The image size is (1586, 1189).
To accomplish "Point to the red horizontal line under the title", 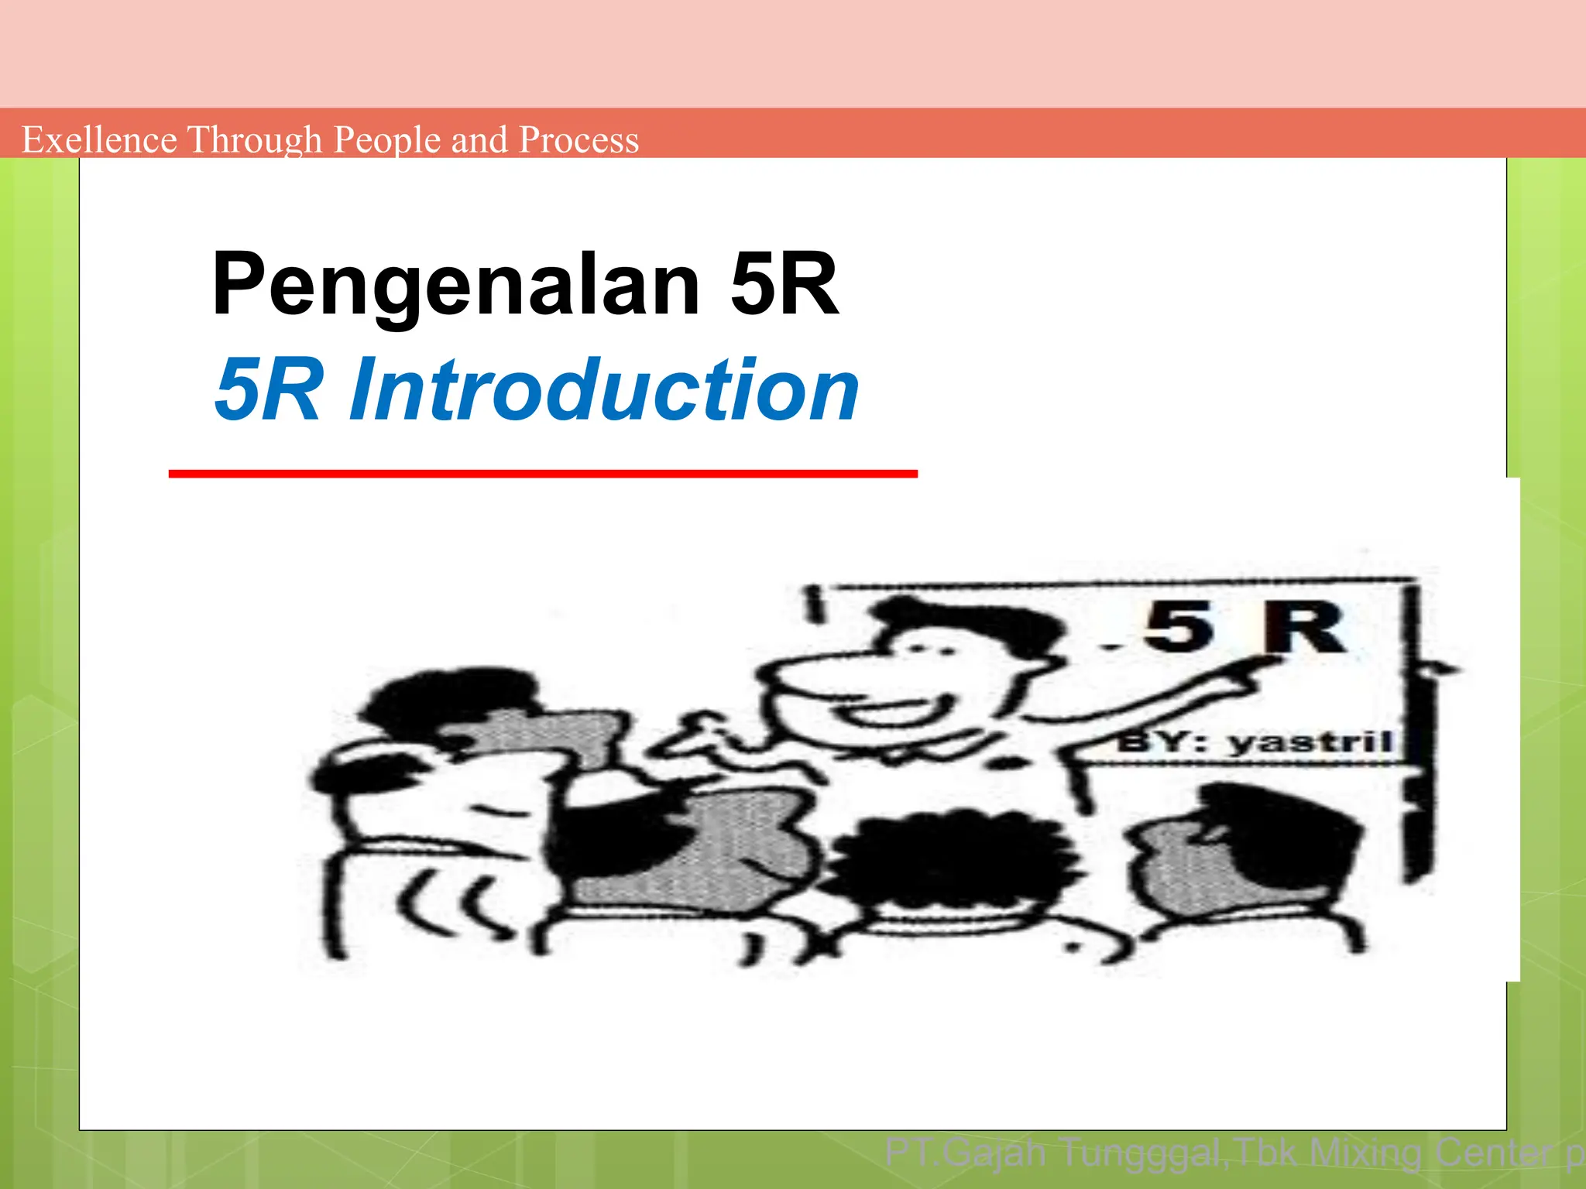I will [542, 473].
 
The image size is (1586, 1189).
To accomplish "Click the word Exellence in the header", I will [99, 140].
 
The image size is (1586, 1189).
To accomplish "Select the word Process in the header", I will [578, 140].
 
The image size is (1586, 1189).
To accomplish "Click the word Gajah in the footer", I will [994, 1153].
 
